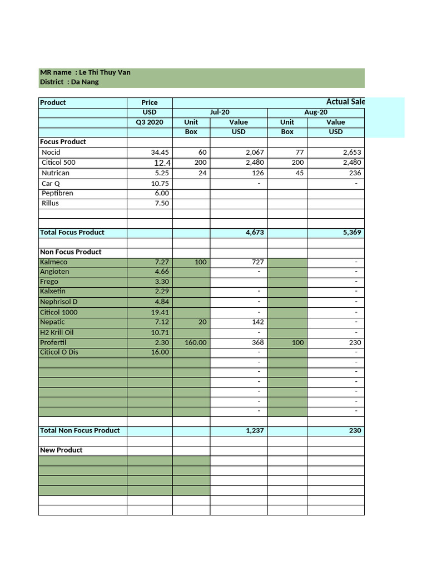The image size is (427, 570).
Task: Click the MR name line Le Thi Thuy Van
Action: (x=85, y=72)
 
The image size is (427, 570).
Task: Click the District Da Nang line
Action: (x=69, y=82)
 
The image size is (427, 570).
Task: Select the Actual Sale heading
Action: (x=345, y=102)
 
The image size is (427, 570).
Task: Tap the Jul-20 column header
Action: (x=220, y=112)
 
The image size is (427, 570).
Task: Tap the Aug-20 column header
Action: (x=316, y=112)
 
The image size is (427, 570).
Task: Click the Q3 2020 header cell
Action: (x=150, y=122)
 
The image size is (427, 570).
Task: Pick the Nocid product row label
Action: (x=51, y=153)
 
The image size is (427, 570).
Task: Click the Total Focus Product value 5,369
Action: (x=351, y=233)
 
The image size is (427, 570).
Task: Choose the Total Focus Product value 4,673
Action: (x=254, y=233)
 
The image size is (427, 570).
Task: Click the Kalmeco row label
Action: (x=54, y=262)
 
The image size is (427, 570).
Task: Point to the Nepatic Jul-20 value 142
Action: (x=257, y=322)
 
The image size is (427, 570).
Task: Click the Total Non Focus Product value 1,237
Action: (x=254, y=430)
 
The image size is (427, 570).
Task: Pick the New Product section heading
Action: (x=61, y=450)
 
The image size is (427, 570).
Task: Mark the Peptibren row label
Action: (x=57, y=193)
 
